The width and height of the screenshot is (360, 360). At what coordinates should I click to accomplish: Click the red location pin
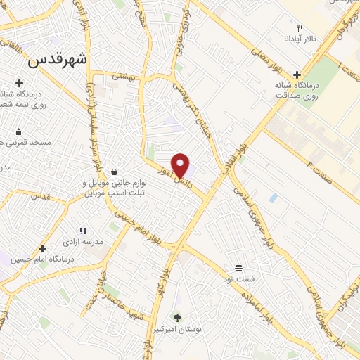tap(181, 165)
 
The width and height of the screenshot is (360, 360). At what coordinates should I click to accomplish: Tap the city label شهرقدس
tap(58, 61)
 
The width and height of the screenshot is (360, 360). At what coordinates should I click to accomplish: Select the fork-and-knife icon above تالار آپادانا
tap(300, 28)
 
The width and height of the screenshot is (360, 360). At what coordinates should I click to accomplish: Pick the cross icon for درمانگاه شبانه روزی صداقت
tap(297, 74)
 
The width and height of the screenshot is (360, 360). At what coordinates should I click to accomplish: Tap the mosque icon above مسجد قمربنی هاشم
tap(18, 131)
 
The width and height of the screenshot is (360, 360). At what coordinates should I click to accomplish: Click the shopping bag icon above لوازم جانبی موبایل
tap(114, 171)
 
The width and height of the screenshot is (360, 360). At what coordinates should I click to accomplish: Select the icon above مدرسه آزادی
tap(83, 230)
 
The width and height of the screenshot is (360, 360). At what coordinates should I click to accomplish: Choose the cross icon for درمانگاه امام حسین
tap(44, 247)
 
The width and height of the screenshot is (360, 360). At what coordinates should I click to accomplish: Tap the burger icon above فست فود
tap(239, 268)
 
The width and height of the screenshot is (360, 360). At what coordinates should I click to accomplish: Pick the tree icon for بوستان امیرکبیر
tap(177, 318)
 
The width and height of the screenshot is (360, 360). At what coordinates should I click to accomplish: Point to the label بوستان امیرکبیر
tap(176, 329)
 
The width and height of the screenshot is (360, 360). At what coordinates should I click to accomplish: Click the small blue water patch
tap(273, 198)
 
